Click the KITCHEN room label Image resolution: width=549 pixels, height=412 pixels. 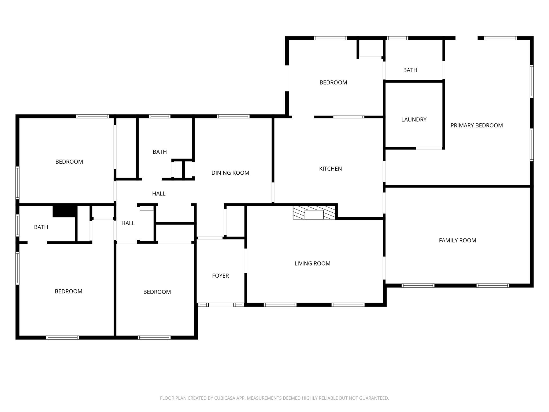tap(330, 169)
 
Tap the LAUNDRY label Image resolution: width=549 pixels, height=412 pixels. tap(414, 120)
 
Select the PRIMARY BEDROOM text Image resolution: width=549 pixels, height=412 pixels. tap(476, 126)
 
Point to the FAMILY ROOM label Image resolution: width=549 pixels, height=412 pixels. tap(457, 241)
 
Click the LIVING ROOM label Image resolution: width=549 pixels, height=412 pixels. tap(312, 264)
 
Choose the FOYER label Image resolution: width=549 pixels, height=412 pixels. tap(220, 276)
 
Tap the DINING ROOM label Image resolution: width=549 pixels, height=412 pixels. tap(230, 173)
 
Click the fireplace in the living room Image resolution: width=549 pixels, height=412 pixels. tap(314, 213)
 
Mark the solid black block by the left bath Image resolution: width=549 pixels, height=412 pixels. tap(65, 211)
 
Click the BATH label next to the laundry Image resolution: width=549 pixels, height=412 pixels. tap(410, 70)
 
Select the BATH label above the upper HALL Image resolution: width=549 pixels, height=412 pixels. tap(160, 152)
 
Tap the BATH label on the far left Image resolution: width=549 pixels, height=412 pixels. tap(41, 227)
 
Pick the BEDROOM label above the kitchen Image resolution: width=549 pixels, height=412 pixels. tap(333, 83)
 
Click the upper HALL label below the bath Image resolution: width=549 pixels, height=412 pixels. tap(159, 194)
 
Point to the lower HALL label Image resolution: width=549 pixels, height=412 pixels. tap(128, 223)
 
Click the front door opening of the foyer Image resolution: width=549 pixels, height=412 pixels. tap(221, 305)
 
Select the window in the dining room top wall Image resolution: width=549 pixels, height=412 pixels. tap(233, 116)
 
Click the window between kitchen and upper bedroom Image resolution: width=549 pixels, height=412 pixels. tap(348, 117)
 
